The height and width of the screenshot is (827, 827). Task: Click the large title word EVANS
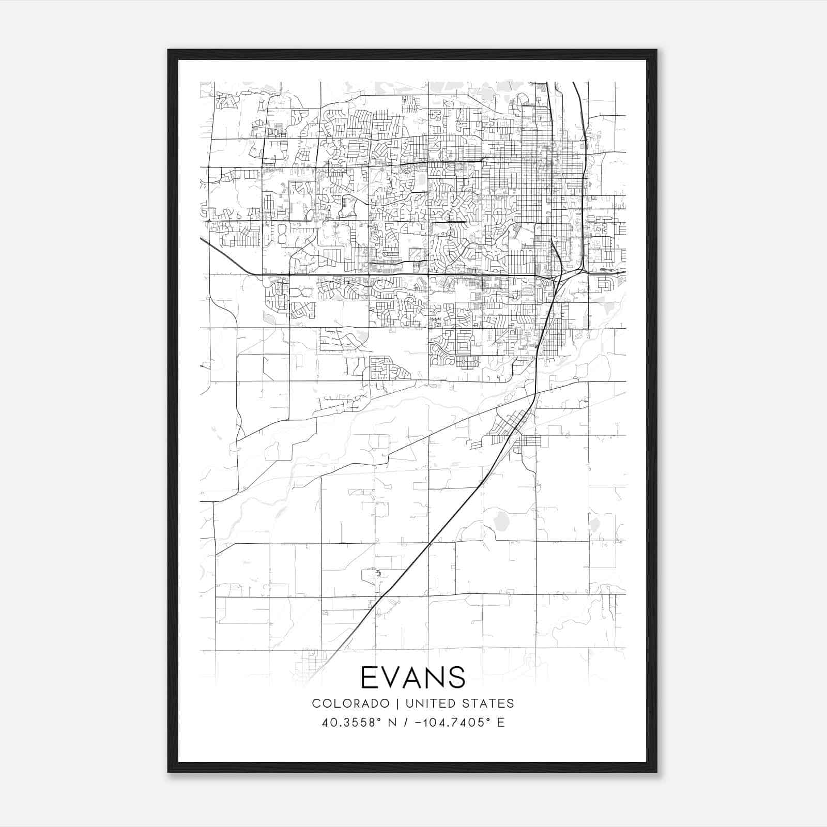coord(413,677)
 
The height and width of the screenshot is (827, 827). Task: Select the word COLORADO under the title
coord(350,703)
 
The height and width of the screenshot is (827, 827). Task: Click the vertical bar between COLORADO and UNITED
coord(398,703)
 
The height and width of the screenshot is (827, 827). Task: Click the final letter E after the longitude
coord(500,723)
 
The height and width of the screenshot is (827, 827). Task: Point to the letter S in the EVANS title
coord(457,677)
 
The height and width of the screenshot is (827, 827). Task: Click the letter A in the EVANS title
coord(413,677)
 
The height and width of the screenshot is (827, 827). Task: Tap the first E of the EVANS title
coord(369,677)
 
